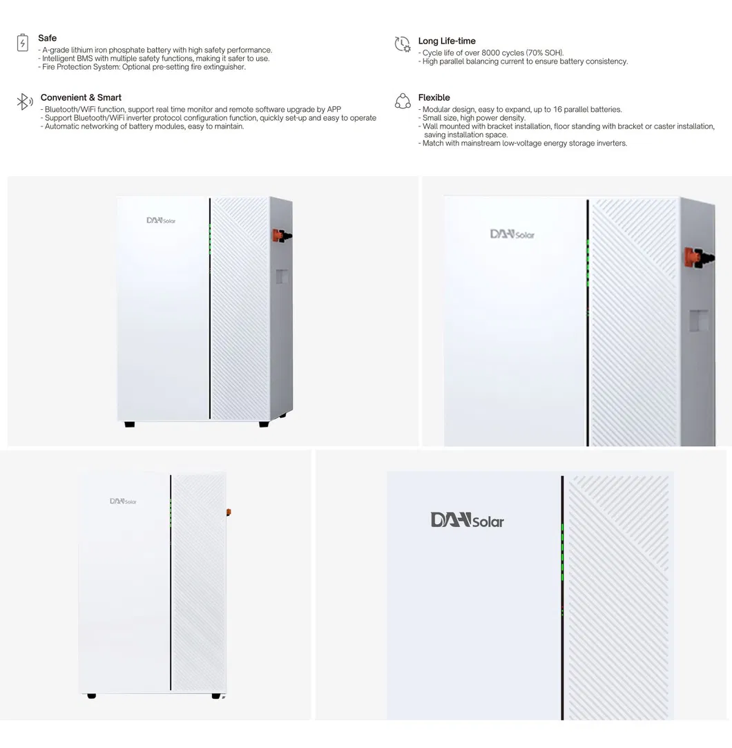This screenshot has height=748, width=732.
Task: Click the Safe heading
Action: (x=47, y=38)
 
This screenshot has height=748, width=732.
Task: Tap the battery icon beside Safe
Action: (x=23, y=43)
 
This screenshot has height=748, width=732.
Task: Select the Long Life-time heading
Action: (x=446, y=41)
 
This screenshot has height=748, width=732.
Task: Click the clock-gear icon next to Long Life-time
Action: (x=403, y=44)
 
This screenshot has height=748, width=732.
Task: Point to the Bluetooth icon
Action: (x=25, y=102)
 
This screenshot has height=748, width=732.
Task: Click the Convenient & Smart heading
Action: (x=81, y=97)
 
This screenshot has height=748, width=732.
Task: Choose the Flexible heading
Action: (x=434, y=97)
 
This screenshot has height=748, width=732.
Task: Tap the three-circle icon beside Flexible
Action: (x=403, y=102)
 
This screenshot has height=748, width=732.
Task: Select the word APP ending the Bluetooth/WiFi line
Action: (x=334, y=109)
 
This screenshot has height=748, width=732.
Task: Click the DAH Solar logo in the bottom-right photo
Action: (x=467, y=520)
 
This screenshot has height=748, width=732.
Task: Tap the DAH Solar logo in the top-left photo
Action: (x=161, y=220)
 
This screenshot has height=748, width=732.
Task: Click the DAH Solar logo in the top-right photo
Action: (x=512, y=234)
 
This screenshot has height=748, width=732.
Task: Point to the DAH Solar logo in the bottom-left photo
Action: (x=123, y=501)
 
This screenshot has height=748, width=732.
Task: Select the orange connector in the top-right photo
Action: (x=695, y=257)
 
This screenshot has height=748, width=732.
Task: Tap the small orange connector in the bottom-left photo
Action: (x=229, y=512)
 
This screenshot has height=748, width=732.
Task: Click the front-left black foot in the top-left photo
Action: (x=130, y=424)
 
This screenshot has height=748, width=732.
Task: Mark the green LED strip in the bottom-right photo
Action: (x=563, y=553)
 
